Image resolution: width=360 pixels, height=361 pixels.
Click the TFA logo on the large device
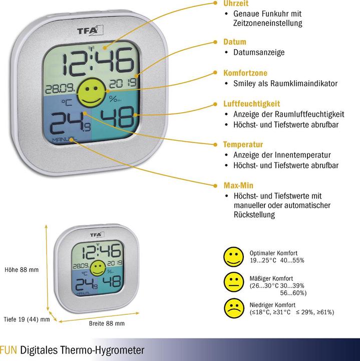pyautogui.click(x=90, y=31)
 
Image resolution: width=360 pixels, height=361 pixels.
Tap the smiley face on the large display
pyautogui.click(x=92, y=93)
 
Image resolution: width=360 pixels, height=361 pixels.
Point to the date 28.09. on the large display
pyautogui.click(x=60, y=89)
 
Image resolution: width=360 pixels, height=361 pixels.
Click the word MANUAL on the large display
pyautogui.click(x=64, y=139)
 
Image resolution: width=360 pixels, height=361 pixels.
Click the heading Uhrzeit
pyautogui.click(x=236, y=4)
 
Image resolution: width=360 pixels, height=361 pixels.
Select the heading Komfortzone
pyautogui.click(x=245, y=73)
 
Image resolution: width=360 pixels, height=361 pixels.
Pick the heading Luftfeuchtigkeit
pyautogui.click(x=251, y=104)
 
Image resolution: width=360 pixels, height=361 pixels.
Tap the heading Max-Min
pyautogui.click(x=238, y=186)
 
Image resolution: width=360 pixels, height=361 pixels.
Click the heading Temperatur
pyautogui.click(x=243, y=144)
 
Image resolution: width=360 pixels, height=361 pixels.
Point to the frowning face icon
pyautogui.click(x=234, y=308)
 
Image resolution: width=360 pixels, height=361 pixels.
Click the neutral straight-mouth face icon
pyautogui.click(x=234, y=282)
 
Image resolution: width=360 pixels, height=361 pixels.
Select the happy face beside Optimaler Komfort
pyautogui.click(x=233, y=257)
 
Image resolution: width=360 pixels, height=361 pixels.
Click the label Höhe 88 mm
pyautogui.click(x=22, y=270)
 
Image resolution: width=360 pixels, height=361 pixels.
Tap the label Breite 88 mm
pyautogui.click(x=107, y=323)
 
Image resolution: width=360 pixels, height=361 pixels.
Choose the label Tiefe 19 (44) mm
pyautogui.click(x=27, y=319)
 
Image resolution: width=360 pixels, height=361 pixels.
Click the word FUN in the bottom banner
pyautogui.click(x=9, y=350)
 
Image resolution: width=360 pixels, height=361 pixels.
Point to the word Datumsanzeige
pyautogui.click(x=259, y=53)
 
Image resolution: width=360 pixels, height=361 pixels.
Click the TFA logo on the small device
pyautogui.click(x=97, y=235)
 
